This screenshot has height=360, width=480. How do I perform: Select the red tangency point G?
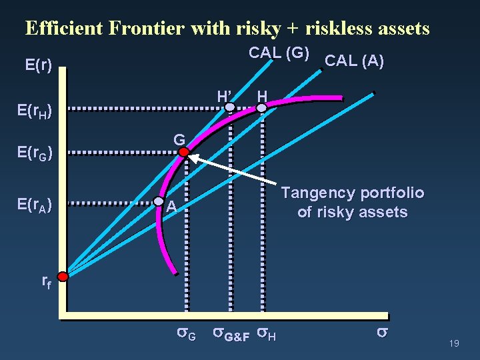tap(184, 152)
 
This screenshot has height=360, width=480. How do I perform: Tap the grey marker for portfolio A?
tap(159, 201)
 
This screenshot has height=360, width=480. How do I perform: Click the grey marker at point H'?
tap(229, 106)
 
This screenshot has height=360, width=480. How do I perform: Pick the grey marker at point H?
tap(262, 106)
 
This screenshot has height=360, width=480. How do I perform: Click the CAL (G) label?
tap(278, 53)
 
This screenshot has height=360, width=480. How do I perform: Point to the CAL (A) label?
tap(353, 61)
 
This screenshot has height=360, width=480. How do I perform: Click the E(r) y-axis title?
tap(38, 65)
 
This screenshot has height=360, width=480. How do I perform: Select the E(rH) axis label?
tap(38, 110)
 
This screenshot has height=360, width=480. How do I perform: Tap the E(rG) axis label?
tap(38, 154)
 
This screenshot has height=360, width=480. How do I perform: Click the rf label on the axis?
tap(47, 281)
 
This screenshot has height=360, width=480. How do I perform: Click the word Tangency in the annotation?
tap(316, 193)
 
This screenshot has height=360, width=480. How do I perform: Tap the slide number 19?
tap(455, 344)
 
